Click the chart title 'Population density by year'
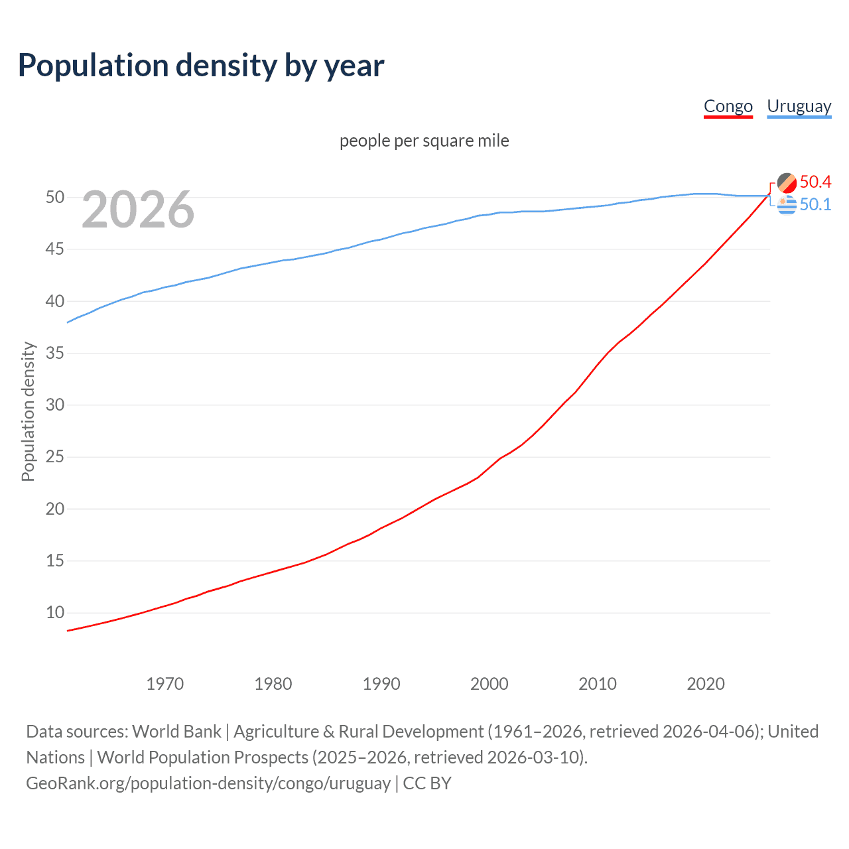[201, 66]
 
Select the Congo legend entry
[728, 106]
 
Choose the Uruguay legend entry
[799, 106]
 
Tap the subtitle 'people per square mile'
[424, 141]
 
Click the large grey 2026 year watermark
[138, 210]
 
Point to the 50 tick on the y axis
[55, 198]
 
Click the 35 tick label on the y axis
[55, 353]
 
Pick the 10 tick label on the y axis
[55, 613]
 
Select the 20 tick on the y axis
[55, 509]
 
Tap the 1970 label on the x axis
[165, 684]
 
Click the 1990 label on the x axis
[381, 684]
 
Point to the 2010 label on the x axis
[598, 684]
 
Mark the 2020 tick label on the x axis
[706, 684]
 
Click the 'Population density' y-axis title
[28, 411]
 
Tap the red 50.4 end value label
[815, 182]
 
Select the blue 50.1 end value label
[815, 204]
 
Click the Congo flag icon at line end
[787, 182]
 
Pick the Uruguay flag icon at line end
[787, 206]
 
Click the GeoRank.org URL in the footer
[208, 783]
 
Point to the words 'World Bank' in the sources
[176, 732]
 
